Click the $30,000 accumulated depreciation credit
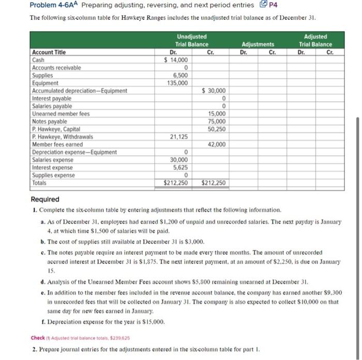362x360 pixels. pos(214,91)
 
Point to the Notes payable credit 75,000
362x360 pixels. pos(216,121)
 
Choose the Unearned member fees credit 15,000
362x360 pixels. pos(216,114)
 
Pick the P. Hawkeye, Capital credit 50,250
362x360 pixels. pos(216,129)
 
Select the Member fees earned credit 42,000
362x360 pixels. pos(216,145)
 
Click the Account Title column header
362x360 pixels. pos(49,52)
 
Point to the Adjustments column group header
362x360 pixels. pos(258,44)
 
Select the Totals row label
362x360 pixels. pos(39,183)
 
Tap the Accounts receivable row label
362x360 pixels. pos(56,68)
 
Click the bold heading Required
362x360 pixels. pos(45,199)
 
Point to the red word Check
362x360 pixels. pos(38,338)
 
